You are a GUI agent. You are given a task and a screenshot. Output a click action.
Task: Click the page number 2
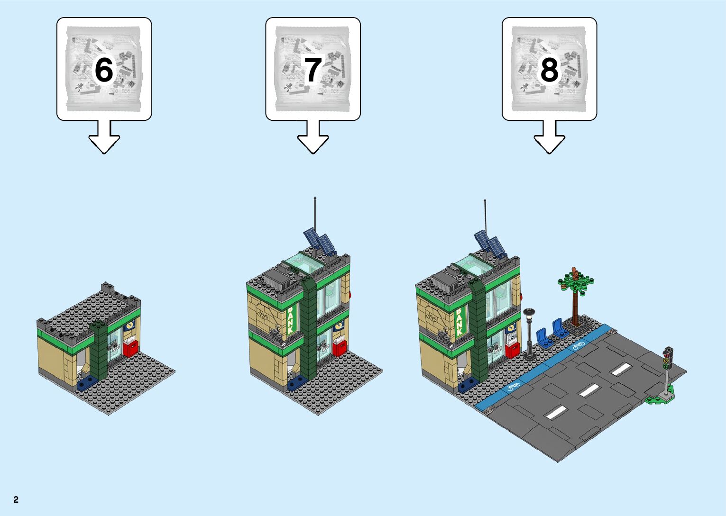pos(16,499)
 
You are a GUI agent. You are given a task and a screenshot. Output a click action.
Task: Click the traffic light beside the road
pos(668,358)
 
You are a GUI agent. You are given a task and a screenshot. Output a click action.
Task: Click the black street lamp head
pos(529,312)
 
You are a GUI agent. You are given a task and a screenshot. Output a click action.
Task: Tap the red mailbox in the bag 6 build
pos(131,347)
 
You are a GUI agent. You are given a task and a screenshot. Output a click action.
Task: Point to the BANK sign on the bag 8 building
pos(459,322)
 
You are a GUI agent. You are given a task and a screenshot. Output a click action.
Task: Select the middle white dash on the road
pos(589,391)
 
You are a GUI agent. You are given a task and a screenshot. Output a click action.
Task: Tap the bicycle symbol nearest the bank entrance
pos(513,387)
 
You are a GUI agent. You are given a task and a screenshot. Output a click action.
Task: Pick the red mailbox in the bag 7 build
pos(340,347)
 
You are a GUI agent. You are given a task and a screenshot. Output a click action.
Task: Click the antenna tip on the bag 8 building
pos(485,202)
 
